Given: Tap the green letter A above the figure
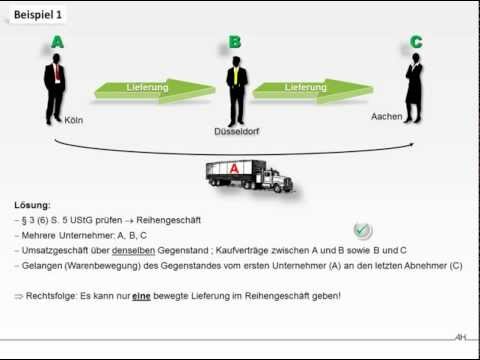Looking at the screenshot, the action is click(x=56, y=43).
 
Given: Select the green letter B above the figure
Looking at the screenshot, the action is click(x=235, y=43).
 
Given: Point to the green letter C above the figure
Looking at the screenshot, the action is click(x=415, y=43).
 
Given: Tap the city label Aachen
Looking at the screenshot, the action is click(x=386, y=117).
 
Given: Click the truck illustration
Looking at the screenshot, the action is click(x=250, y=176).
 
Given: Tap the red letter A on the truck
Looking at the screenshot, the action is click(x=234, y=171).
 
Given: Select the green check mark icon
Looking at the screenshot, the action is click(x=363, y=231).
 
